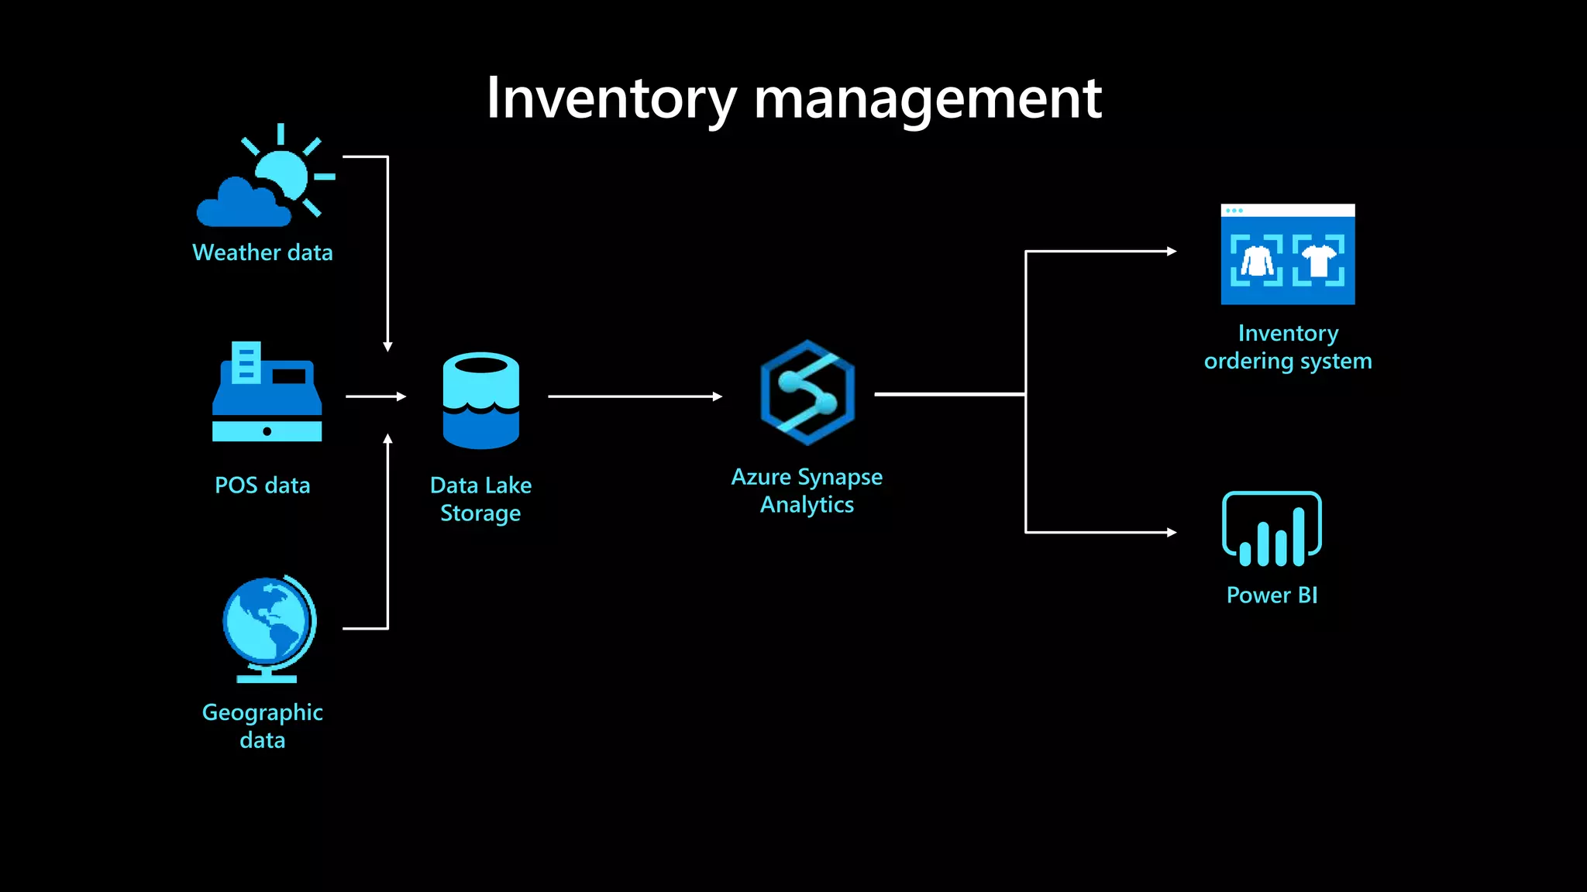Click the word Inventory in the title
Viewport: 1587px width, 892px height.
pos(611,98)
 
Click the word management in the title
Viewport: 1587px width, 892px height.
pos(927,98)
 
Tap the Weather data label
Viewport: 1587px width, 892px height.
pos(262,252)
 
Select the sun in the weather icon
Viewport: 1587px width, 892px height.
pos(284,175)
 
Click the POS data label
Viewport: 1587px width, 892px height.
pos(262,485)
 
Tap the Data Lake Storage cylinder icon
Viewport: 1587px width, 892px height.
pos(480,400)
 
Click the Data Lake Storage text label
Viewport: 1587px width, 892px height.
pos(480,499)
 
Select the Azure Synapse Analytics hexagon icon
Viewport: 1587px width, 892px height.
pos(807,393)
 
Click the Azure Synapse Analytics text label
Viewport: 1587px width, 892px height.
pos(807,490)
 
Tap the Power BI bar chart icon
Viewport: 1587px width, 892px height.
pos(1272,530)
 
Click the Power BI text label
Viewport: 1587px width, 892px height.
pos(1272,595)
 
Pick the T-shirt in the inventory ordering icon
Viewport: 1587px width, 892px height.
pos(1318,260)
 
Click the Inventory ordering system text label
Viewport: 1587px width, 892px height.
pos(1287,347)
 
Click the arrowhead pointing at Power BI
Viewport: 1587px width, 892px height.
pos(1172,533)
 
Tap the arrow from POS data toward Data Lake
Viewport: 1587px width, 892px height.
pos(375,396)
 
